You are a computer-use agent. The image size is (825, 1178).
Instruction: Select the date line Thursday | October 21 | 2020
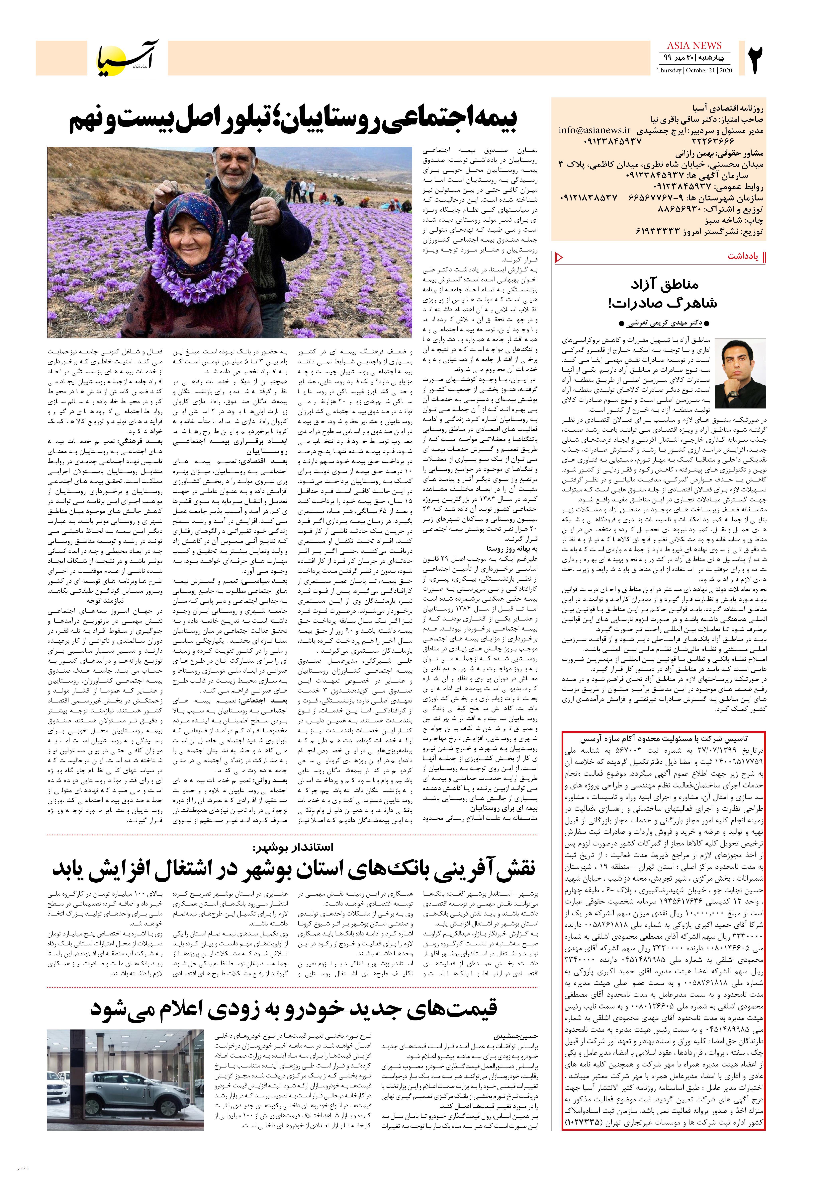click(x=694, y=70)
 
